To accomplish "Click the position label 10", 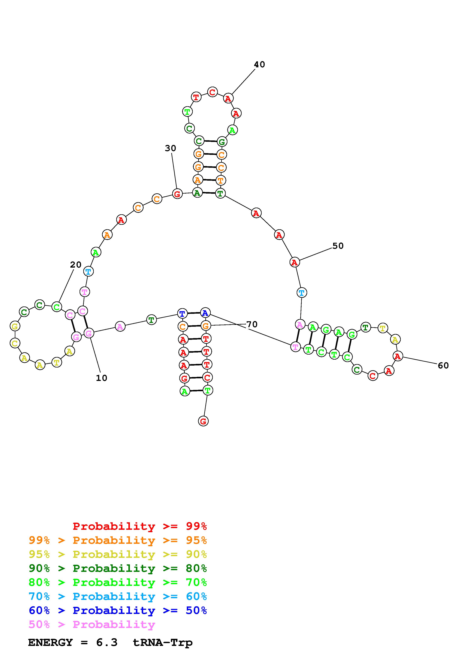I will coord(101,378).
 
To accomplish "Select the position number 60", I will coord(443,365).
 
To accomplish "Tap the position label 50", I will coord(338,246).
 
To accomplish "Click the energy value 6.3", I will coord(107,643).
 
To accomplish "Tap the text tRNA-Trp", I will coord(163,643).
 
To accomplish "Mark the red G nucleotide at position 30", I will coord(177,194).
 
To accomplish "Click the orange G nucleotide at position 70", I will coord(206,325).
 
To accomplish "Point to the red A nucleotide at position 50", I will coord(294,262).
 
